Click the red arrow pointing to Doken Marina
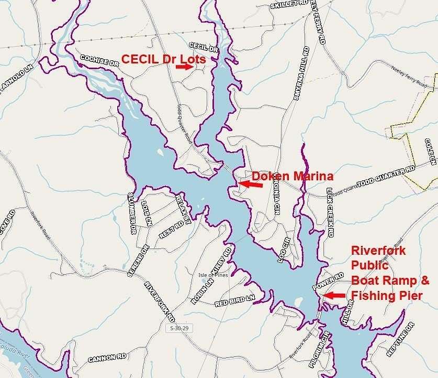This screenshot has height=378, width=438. (251, 183)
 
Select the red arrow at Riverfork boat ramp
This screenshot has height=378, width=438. (334, 296)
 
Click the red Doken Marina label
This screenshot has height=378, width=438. (293, 176)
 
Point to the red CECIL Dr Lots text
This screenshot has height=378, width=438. (164, 59)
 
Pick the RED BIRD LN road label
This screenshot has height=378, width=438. (234, 300)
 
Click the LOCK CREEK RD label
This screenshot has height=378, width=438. (330, 212)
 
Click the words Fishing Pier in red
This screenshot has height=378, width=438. (387, 296)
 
